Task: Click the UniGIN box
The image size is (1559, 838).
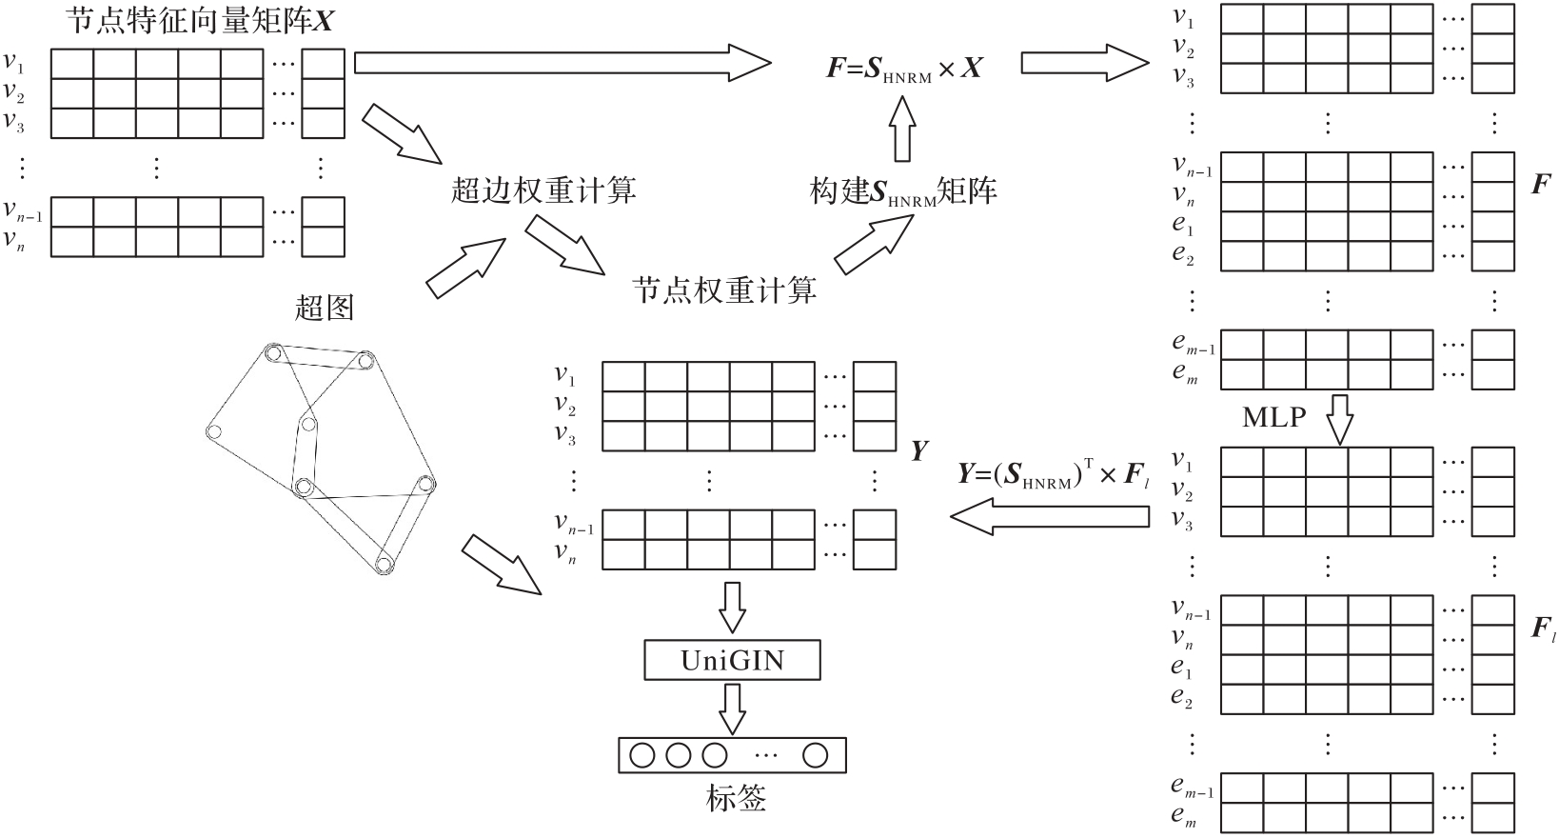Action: (x=732, y=660)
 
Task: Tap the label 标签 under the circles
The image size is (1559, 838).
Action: (x=736, y=798)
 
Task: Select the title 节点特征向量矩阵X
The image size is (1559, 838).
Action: (x=200, y=20)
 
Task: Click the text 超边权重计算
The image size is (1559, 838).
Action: (x=543, y=190)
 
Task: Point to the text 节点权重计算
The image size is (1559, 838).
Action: (x=724, y=289)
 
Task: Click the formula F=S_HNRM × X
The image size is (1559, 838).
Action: (x=904, y=68)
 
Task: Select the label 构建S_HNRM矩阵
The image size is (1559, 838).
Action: (x=903, y=190)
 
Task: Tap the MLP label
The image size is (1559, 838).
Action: (x=1273, y=416)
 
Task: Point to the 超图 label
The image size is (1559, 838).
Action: (x=324, y=307)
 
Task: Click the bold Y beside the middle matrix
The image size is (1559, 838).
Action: (x=918, y=450)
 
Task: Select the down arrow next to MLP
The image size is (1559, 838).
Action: (x=1339, y=420)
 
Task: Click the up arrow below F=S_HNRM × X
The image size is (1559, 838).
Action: (x=901, y=130)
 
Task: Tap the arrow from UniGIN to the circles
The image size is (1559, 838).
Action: (x=732, y=708)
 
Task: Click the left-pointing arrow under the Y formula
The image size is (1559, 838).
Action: (x=1050, y=517)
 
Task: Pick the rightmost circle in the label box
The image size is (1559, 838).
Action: (x=815, y=755)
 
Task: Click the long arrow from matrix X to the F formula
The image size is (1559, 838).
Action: (x=562, y=63)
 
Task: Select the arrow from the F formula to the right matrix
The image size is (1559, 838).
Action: (x=1085, y=63)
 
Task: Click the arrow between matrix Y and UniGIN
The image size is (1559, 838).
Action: (x=732, y=607)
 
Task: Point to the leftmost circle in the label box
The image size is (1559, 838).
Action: (x=642, y=755)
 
